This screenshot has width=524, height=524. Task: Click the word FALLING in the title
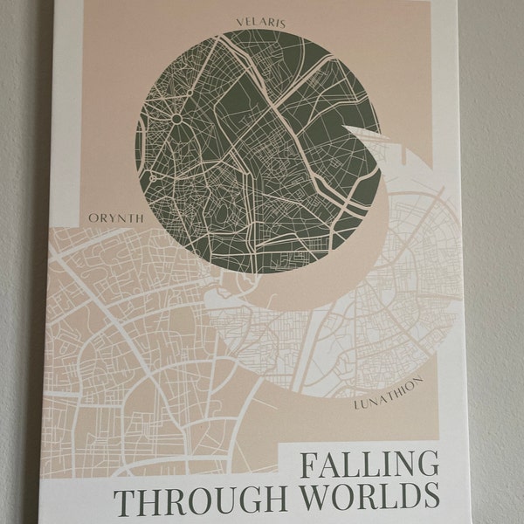368,464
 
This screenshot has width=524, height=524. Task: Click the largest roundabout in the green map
176,118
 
